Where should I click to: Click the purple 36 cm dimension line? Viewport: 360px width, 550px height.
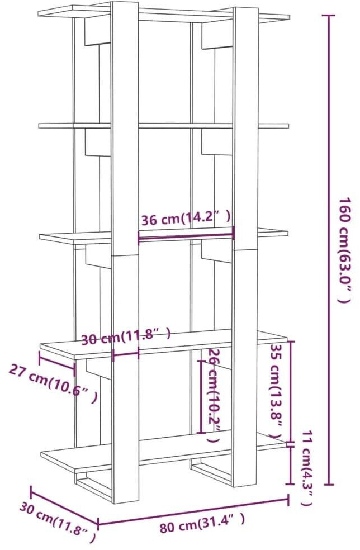[x=185, y=236]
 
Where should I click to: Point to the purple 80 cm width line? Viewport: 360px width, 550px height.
[x=193, y=511]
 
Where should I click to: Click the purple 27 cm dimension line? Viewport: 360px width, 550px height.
[x=56, y=361]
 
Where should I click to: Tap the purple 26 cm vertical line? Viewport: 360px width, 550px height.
[x=200, y=396]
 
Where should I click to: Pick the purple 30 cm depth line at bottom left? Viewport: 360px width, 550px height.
[x=64, y=508]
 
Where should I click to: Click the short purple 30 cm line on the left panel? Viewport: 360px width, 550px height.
[x=126, y=354]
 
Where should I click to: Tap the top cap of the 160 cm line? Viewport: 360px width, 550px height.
[x=329, y=15]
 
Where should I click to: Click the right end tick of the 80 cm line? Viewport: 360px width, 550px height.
[x=288, y=499]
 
